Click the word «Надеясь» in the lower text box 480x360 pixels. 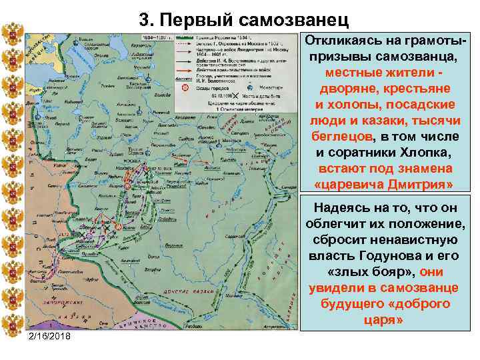[346, 207]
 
